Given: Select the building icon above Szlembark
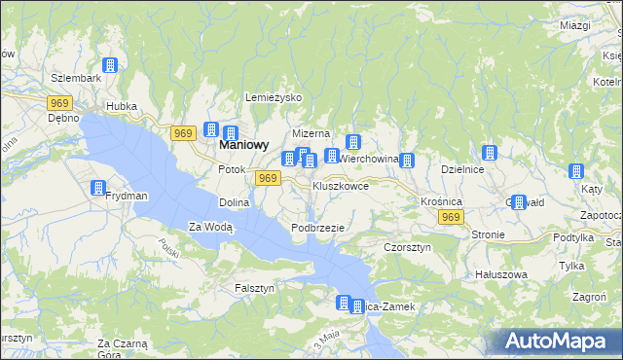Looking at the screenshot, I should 110,65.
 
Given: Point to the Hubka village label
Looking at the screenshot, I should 122,106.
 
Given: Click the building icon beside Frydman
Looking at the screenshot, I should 98,188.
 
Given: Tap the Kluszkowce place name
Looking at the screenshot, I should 340,185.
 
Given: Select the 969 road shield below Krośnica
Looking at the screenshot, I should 449,218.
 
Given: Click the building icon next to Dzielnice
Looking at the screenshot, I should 490,153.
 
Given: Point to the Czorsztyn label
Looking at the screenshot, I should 407,248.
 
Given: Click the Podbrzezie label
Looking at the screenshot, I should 317,227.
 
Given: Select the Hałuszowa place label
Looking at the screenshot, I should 500,274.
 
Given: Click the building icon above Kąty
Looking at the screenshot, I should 573,172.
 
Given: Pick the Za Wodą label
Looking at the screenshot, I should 210,227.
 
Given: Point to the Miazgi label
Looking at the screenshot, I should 575,24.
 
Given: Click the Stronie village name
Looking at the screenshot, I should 487,234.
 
